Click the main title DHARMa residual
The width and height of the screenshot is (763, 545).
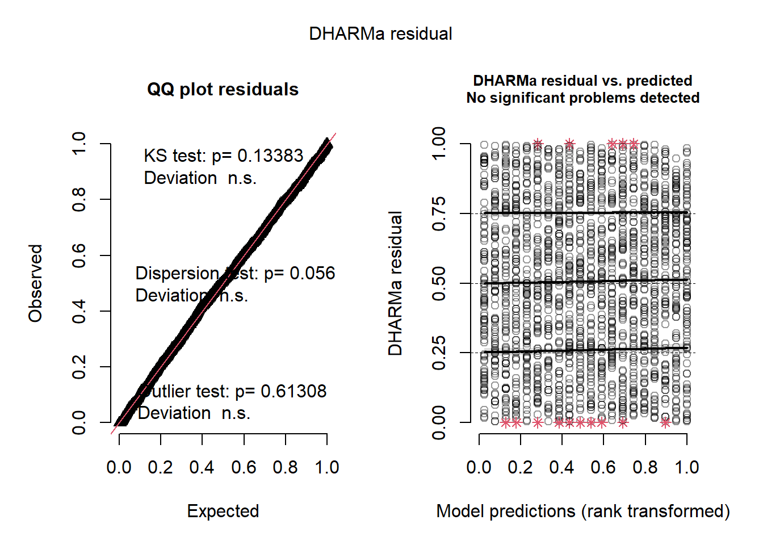click(x=380, y=34)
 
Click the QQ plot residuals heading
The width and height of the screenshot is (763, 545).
click(x=223, y=90)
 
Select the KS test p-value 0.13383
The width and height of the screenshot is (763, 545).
click(x=270, y=156)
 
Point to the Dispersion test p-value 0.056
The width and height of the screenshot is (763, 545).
click(x=312, y=273)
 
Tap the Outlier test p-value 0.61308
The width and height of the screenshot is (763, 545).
click(x=294, y=391)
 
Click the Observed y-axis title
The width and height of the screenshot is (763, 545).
click(x=35, y=283)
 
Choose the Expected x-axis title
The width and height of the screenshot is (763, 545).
click(x=223, y=511)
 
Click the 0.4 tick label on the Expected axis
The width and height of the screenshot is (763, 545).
click(x=202, y=467)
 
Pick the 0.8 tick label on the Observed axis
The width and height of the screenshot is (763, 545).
click(x=79, y=200)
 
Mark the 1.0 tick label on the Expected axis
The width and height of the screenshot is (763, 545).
click(x=327, y=467)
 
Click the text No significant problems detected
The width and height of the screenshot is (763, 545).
click(x=582, y=98)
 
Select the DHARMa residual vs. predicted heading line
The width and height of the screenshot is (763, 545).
click(x=582, y=81)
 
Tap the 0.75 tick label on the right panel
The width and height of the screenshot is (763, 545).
click(x=439, y=214)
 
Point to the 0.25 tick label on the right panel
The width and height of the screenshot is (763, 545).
click(x=439, y=353)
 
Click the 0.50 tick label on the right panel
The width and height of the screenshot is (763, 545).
click(x=439, y=283)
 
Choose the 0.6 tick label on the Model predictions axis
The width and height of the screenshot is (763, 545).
click(x=603, y=467)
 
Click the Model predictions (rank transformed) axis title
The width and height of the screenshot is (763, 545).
click(x=582, y=511)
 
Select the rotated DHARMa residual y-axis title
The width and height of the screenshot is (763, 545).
click(x=395, y=283)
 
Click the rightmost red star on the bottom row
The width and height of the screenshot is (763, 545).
click(x=665, y=422)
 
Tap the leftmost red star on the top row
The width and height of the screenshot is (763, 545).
click(x=538, y=144)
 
